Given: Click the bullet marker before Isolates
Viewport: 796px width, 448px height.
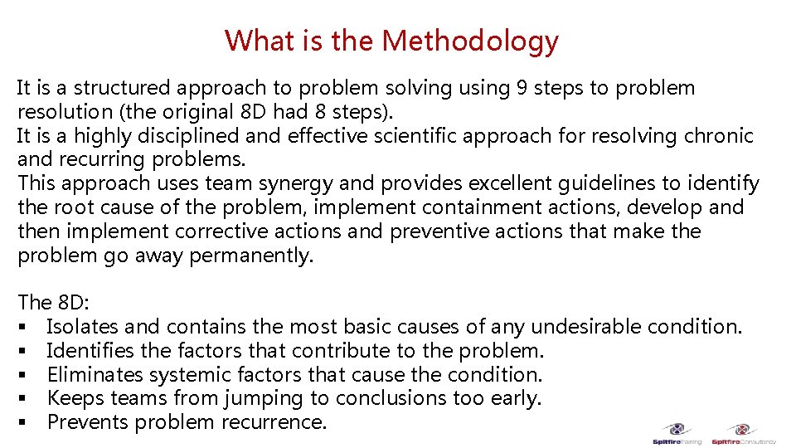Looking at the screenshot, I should (22, 328).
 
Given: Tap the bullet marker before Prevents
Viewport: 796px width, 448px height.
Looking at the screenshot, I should (22, 423).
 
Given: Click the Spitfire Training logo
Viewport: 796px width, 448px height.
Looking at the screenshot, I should (677, 434).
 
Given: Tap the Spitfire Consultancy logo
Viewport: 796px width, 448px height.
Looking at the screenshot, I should (743, 434).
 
